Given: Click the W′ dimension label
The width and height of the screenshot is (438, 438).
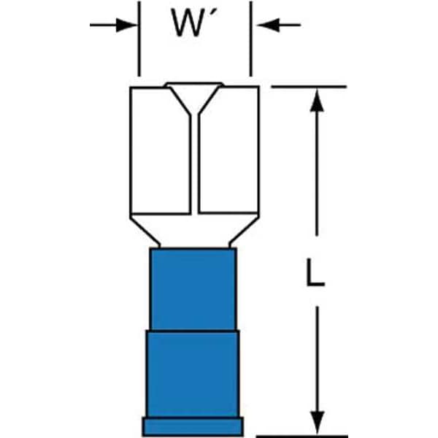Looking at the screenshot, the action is click(x=194, y=23).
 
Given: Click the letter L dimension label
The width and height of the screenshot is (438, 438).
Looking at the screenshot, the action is click(x=315, y=272).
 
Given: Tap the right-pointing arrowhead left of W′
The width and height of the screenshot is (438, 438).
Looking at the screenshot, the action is click(x=126, y=25).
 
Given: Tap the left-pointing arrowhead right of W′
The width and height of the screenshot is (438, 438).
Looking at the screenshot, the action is click(x=269, y=25).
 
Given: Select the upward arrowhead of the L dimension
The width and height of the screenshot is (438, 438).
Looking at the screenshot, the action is click(x=317, y=101).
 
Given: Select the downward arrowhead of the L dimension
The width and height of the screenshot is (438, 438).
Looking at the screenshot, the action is click(x=318, y=423).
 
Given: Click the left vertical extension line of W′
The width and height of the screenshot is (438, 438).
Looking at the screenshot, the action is click(x=139, y=39).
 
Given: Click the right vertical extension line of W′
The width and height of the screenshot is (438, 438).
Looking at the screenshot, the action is click(x=251, y=39).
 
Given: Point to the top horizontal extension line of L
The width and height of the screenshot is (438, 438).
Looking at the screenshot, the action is click(x=309, y=87).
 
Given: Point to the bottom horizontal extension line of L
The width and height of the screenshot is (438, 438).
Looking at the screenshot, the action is click(x=302, y=436).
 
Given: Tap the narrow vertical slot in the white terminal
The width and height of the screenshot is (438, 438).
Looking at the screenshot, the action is click(x=195, y=164).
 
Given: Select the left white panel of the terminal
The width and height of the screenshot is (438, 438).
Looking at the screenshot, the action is click(x=161, y=151).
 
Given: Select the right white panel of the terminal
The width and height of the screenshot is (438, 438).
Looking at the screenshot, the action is click(x=228, y=151).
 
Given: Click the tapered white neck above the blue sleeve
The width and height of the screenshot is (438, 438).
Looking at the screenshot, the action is click(x=194, y=231).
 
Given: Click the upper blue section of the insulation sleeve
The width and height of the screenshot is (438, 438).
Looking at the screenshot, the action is click(x=193, y=289).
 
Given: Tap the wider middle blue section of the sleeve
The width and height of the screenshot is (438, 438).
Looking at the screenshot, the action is click(x=193, y=374).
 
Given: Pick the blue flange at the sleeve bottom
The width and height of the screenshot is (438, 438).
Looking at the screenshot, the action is click(x=193, y=427).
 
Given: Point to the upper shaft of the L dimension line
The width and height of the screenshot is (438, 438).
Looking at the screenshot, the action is click(x=317, y=174).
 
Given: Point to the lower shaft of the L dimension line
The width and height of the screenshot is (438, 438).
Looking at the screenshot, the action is click(x=318, y=359).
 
